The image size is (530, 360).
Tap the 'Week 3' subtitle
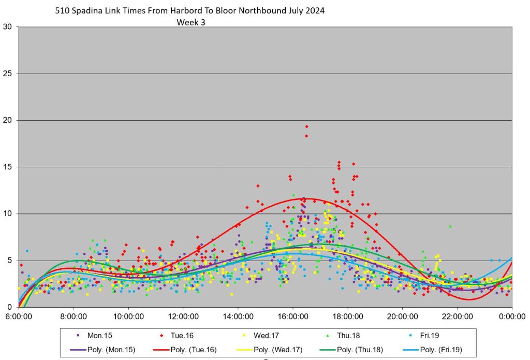click(x=192, y=22)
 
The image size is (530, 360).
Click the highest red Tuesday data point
click(x=306, y=126)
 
